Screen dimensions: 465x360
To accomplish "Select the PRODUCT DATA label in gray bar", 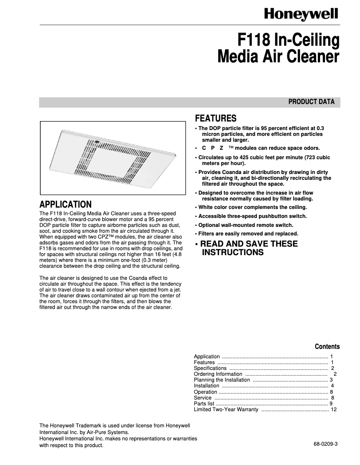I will click(311, 102).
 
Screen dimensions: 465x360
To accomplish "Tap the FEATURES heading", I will click(215, 118).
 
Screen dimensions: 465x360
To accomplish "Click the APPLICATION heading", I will click(66, 204).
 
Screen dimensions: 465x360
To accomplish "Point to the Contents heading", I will click(327, 347).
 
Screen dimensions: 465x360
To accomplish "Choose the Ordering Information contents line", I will click(218, 374).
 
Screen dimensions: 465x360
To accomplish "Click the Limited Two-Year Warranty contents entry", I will click(226, 409).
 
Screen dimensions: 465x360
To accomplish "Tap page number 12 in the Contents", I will click(334, 409).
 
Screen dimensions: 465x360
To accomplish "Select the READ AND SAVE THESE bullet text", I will click(248, 244).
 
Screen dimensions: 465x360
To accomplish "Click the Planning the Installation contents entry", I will click(222, 380).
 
